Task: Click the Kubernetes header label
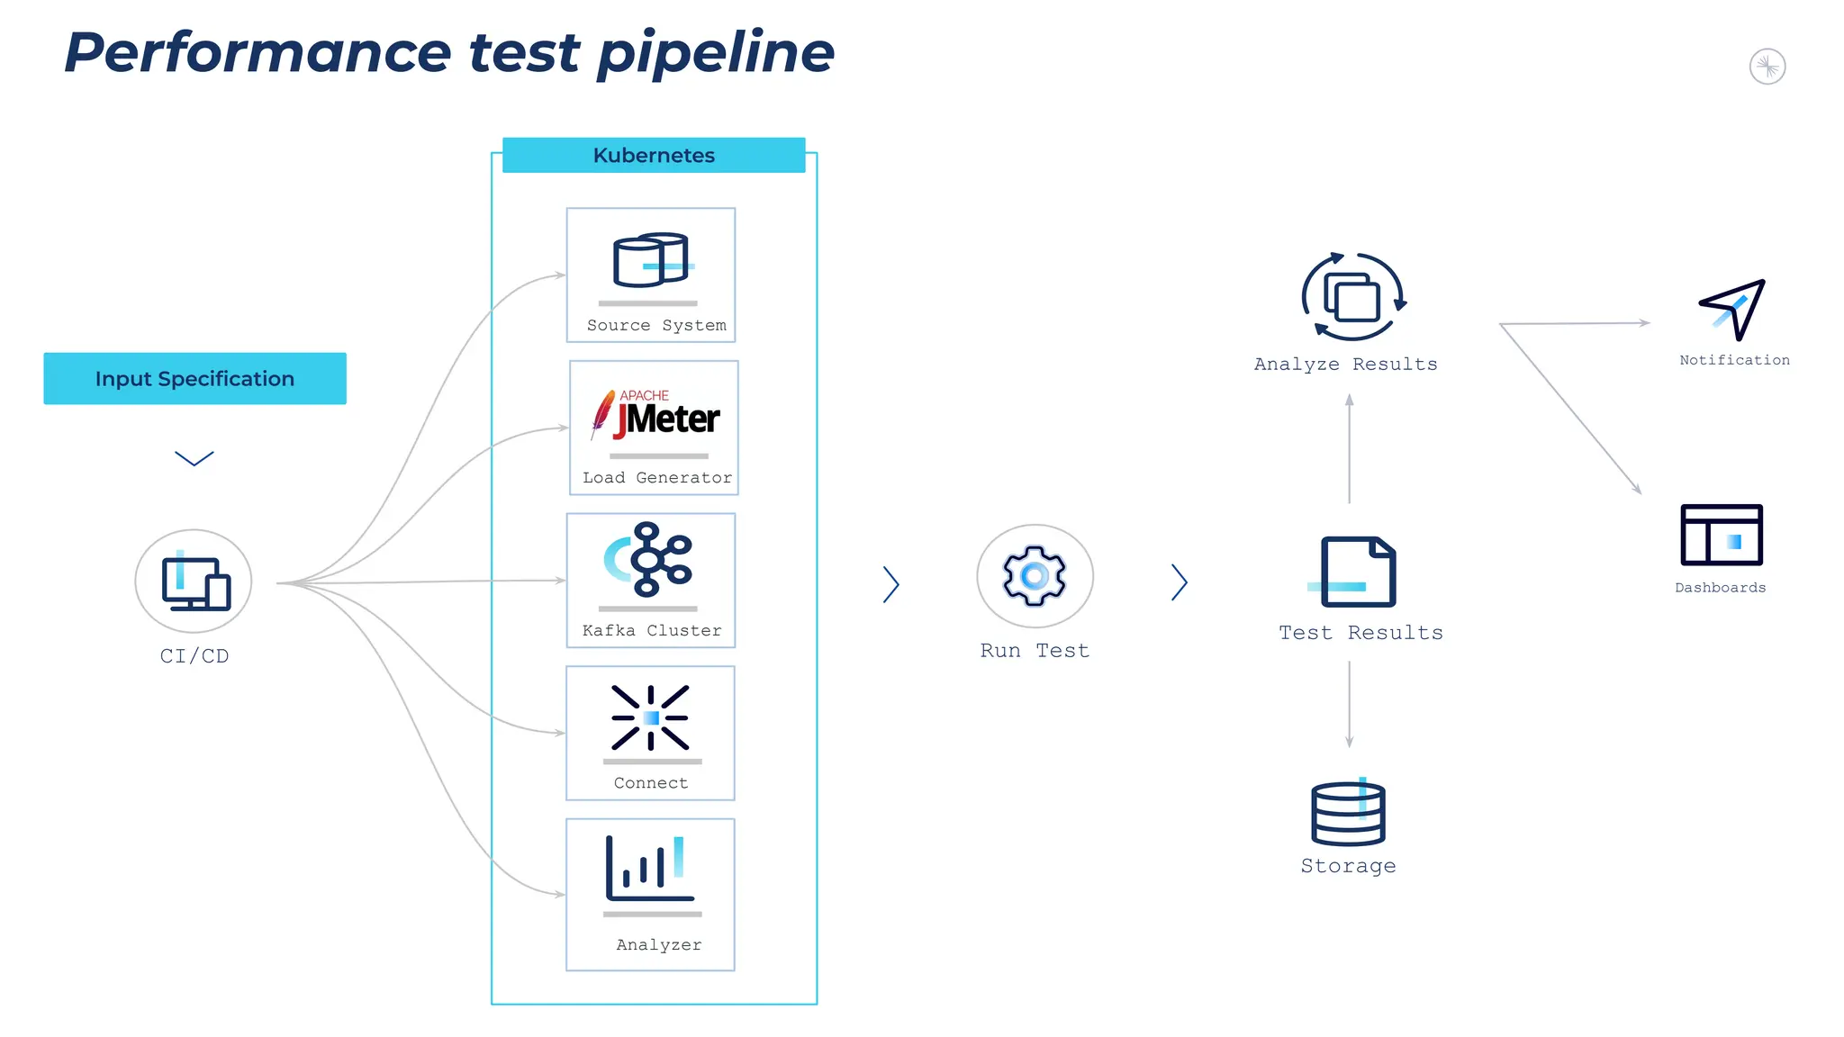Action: [x=654, y=155]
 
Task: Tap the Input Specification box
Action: [x=194, y=378]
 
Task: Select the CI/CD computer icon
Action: [x=194, y=582]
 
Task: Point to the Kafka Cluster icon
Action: [x=649, y=559]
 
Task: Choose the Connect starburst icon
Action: [x=650, y=717]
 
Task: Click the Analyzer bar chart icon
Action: [x=649, y=869]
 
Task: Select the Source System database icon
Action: [x=651, y=260]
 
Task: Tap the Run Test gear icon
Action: [x=1035, y=576]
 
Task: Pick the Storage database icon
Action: [x=1348, y=814]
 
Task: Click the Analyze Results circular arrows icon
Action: [x=1352, y=297]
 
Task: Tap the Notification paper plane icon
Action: [x=1732, y=309]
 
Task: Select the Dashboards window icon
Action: [x=1722, y=535]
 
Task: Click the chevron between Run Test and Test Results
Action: [x=1180, y=582]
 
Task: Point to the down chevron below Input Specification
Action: [x=194, y=459]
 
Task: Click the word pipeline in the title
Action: [x=716, y=54]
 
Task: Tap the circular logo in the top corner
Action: [x=1767, y=67]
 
